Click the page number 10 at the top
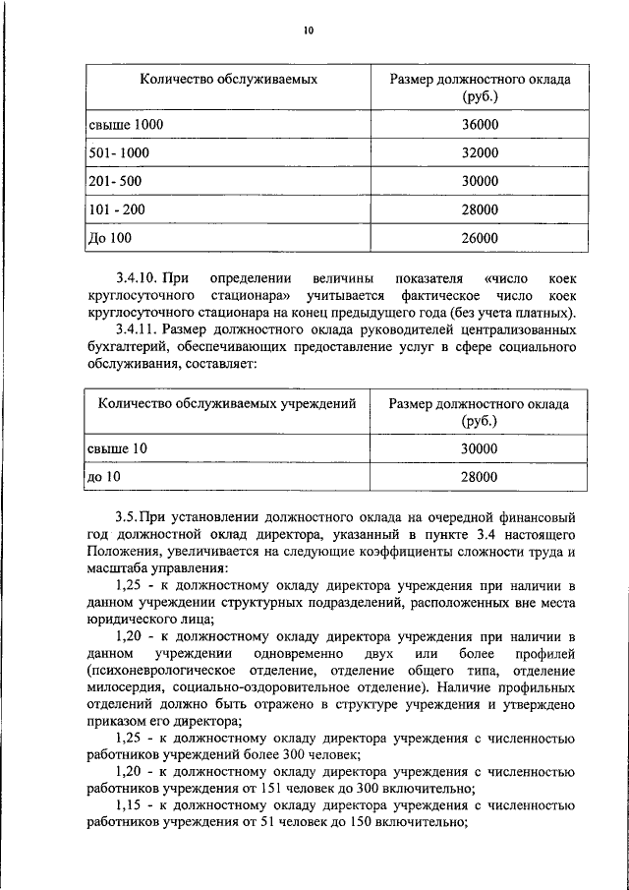308,31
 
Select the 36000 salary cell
480,125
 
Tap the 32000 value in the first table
480,153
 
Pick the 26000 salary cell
480,238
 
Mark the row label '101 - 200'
116,209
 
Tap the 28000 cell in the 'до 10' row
480,477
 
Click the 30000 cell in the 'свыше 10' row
480,448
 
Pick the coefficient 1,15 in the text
130,805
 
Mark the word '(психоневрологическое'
160,670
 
